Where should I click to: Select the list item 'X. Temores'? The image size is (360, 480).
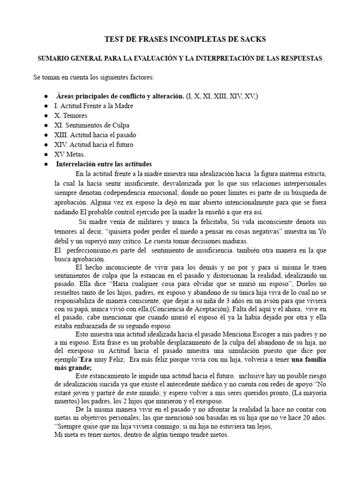[70, 115]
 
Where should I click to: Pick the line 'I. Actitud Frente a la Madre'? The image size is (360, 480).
[94, 106]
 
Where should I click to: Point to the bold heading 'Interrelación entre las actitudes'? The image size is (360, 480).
[104, 164]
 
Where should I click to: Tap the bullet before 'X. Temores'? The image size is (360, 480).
[45, 115]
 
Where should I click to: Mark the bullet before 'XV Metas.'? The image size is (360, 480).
[45, 154]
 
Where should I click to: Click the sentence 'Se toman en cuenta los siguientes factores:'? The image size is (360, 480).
[97, 77]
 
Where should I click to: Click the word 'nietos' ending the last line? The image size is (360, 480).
[217, 434]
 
